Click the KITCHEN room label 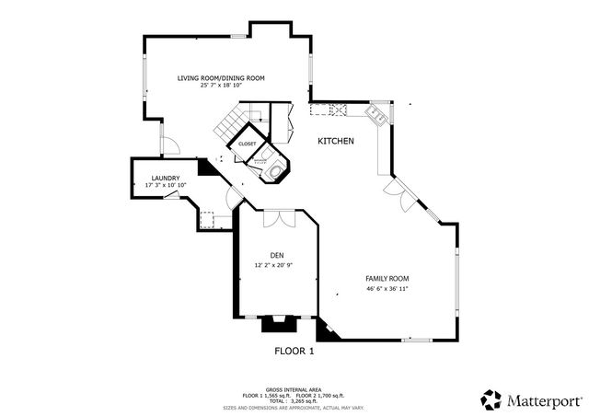336,141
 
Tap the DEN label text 277,255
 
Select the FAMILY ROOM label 387,278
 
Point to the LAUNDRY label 166,178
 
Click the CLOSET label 248,144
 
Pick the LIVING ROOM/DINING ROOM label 221,78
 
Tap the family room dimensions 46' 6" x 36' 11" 387,288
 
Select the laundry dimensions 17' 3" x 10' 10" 166,185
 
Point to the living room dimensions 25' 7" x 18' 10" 221,87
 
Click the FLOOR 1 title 294,351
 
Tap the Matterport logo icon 491,399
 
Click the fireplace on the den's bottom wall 275,323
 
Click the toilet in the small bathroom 274,168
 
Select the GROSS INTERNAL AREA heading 294,389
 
